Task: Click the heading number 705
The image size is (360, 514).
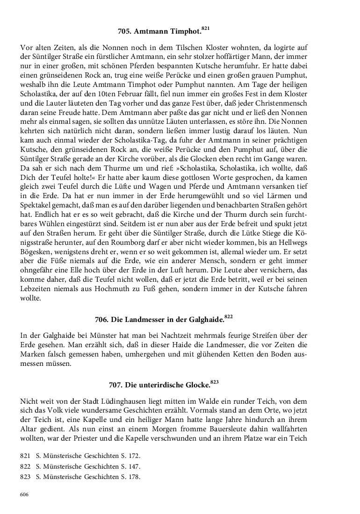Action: click(125, 32)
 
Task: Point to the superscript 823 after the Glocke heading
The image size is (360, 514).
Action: click(215, 382)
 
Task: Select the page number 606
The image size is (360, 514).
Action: click(24, 495)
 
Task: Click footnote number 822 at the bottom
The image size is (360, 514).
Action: click(25, 466)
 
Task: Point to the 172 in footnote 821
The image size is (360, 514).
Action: click(134, 456)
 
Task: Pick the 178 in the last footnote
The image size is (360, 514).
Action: click(134, 477)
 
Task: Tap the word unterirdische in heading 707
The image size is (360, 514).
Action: click(151, 385)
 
